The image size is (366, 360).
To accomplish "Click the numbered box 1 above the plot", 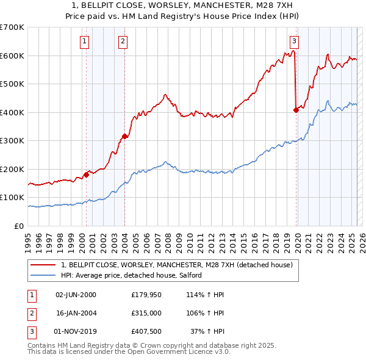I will click(x=84, y=41).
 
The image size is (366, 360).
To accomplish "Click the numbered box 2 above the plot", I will click(x=123, y=41).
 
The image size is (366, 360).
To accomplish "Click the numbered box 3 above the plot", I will click(x=294, y=41).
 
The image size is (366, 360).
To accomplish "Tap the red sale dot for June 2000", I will click(x=86, y=175).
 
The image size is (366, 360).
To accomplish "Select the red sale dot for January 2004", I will click(x=125, y=137).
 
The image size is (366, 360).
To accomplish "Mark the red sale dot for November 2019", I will click(x=296, y=110).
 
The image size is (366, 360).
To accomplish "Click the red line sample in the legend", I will click(x=43, y=265).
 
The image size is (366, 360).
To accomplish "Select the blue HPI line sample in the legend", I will click(x=43, y=275).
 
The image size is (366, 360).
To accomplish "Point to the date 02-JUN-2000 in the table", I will click(x=76, y=295).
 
